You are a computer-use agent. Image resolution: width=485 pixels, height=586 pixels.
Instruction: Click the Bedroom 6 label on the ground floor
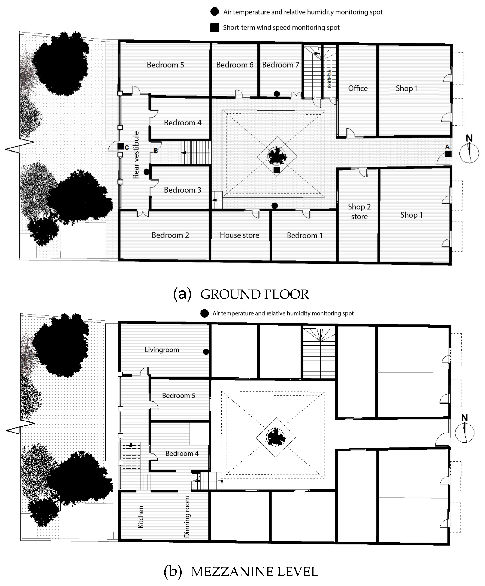(235, 65)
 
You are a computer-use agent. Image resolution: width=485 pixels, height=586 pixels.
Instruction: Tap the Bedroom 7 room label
(280, 65)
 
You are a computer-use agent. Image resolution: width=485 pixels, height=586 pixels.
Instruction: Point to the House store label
(239, 235)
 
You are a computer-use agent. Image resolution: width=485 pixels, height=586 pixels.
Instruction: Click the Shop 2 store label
(359, 211)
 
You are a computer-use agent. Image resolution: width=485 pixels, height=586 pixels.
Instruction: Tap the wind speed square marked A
(448, 154)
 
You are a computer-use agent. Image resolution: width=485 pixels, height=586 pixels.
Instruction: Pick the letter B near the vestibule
(155, 151)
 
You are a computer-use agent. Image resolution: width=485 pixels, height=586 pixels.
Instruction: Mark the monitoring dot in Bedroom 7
(277, 94)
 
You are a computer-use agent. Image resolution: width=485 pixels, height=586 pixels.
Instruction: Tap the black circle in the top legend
(215, 12)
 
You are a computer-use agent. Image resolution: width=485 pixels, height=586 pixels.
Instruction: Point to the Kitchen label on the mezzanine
(141, 517)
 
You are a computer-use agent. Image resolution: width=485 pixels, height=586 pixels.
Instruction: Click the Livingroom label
(162, 350)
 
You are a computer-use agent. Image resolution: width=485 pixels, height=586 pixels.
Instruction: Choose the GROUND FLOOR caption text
(254, 294)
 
